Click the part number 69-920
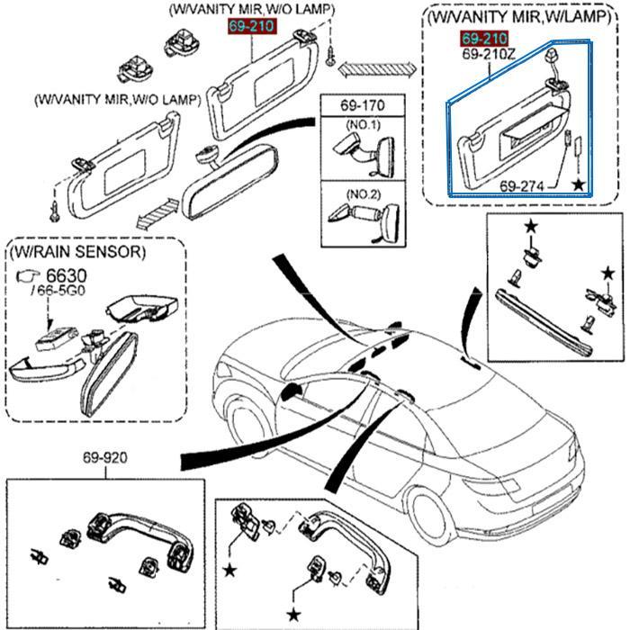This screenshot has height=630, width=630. click(x=105, y=457)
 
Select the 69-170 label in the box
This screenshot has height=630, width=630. click(x=363, y=105)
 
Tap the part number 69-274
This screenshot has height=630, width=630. click(x=521, y=186)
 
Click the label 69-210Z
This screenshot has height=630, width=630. click(x=488, y=54)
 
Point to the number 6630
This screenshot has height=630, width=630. click(x=67, y=275)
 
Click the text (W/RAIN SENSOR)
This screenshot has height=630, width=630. click(x=78, y=252)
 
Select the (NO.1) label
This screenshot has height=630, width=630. click(x=363, y=124)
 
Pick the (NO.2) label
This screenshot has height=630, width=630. click(x=363, y=194)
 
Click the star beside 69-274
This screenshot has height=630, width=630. click(x=579, y=184)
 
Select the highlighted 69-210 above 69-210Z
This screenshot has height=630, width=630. click(x=484, y=39)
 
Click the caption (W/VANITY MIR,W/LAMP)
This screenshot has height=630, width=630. click(x=519, y=17)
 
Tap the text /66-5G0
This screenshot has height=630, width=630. click(x=58, y=291)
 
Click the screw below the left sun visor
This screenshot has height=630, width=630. click(x=55, y=211)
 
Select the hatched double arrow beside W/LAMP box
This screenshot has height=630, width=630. click(x=377, y=69)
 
